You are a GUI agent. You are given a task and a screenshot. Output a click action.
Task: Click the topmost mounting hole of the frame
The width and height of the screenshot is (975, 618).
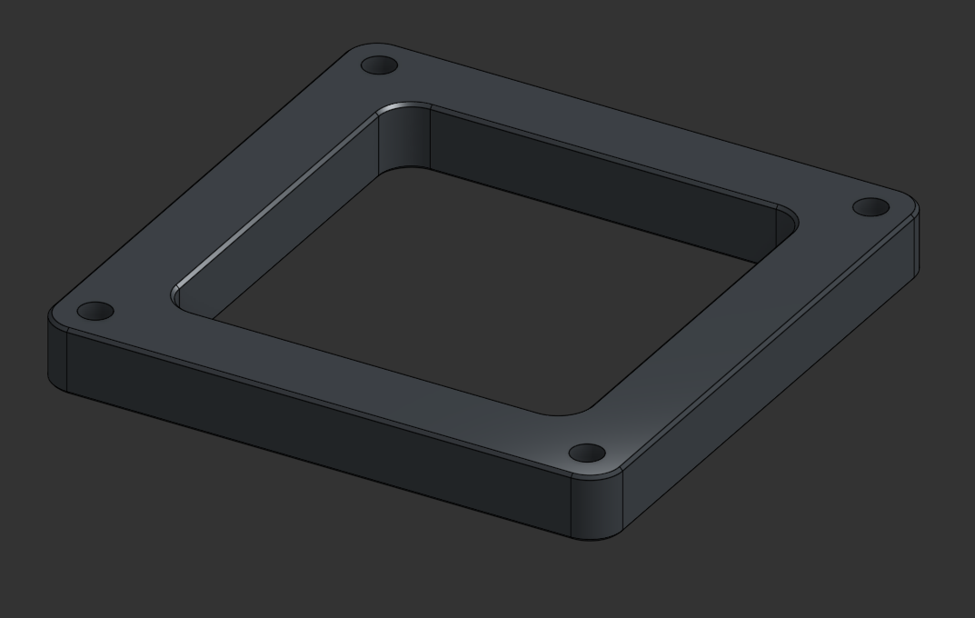coord(379,65)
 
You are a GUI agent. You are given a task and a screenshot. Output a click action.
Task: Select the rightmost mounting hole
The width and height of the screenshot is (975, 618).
coord(871,207)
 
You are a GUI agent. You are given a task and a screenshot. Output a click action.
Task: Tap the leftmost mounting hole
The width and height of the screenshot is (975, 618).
coord(95,312)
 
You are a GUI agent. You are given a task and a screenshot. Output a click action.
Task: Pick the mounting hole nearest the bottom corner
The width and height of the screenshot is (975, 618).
coord(587,453)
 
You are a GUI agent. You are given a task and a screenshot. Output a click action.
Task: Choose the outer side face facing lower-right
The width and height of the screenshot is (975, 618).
coord(772,382)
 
